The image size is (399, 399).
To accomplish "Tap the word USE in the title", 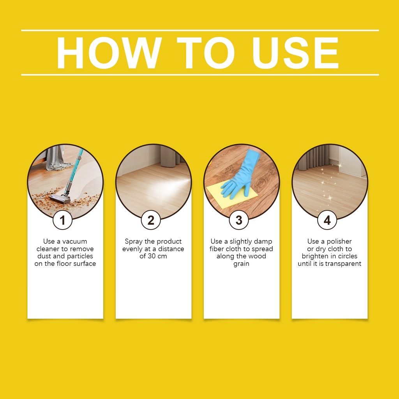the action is pyautogui.click(x=295, y=53).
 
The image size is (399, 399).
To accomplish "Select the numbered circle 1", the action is pyautogui.click(x=63, y=220).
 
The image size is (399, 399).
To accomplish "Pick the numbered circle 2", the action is pyautogui.click(x=151, y=220).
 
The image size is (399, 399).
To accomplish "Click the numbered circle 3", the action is pyautogui.click(x=239, y=220).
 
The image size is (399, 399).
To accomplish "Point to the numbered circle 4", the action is pyautogui.click(x=327, y=220).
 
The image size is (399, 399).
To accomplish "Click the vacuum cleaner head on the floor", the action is pyautogui.click(x=60, y=198).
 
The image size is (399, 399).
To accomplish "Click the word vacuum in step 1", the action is pyautogui.click(x=74, y=242).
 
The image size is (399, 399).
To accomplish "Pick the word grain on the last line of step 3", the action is pyautogui.click(x=241, y=264).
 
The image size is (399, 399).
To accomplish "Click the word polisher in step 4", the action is pyautogui.click(x=339, y=242).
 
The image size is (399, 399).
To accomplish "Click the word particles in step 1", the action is pyautogui.click(x=79, y=256).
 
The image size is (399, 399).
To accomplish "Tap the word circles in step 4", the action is pyautogui.click(x=348, y=256).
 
